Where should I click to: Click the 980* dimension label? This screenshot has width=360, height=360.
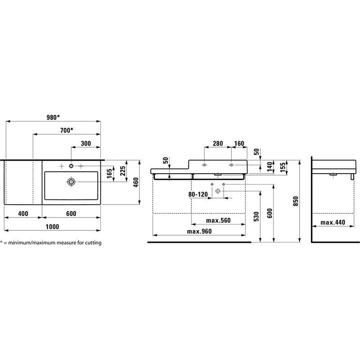click(x=53, y=117)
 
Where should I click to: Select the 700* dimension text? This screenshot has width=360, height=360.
click(x=67, y=130)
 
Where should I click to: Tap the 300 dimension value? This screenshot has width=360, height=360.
click(x=86, y=144)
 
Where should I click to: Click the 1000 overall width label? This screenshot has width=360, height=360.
click(x=52, y=227)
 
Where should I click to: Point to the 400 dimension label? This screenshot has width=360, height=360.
click(x=23, y=214)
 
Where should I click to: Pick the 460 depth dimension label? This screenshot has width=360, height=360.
click(x=136, y=182)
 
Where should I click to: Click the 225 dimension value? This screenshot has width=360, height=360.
click(x=123, y=171)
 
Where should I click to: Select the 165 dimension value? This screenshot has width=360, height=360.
click(x=109, y=173)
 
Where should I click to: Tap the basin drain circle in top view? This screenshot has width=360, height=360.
click(x=71, y=182)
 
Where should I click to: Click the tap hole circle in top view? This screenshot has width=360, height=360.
click(x=71, y=166)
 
